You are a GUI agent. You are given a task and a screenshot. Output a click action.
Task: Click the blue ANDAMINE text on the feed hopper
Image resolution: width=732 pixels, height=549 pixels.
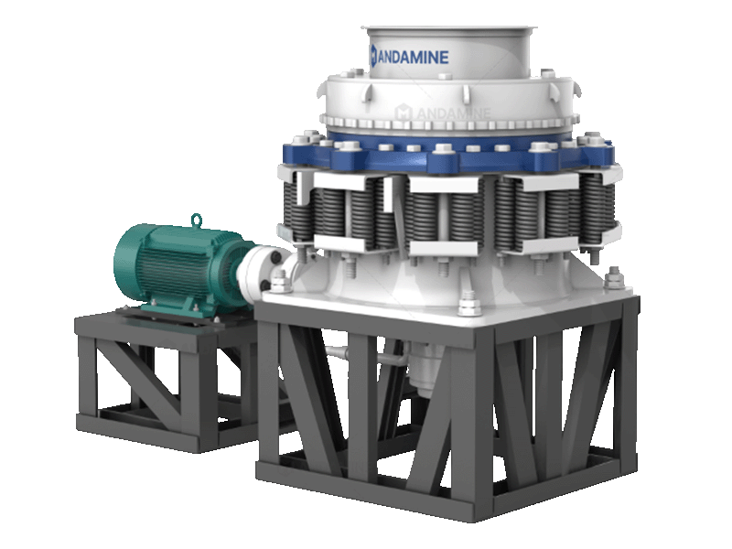coord(414,57)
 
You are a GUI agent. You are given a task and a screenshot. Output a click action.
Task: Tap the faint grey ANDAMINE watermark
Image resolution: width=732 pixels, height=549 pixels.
coord(444,113)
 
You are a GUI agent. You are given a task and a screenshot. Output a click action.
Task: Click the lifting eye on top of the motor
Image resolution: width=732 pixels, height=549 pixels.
coord(197,221)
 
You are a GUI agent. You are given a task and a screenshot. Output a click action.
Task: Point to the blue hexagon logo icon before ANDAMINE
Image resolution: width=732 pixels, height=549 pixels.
coord(373,57)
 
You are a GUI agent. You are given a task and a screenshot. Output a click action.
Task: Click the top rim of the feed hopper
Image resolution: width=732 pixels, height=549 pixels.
coord(448,30)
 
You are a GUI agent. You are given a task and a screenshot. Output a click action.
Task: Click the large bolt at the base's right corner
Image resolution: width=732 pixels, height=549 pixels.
coord(614,279)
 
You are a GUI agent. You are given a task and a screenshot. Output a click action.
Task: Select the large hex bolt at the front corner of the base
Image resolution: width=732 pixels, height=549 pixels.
coord(468,304)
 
